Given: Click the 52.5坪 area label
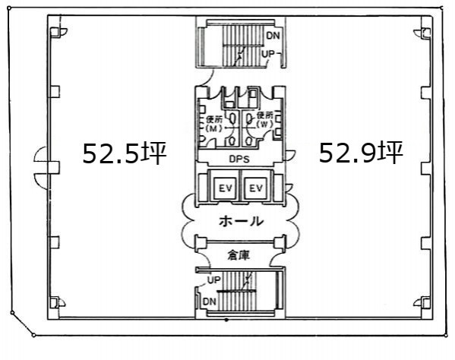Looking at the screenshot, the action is click(x=125, y=153).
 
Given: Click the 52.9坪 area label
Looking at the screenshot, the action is click(x=361, y=152).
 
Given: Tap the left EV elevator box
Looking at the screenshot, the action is click(x=226, y=188).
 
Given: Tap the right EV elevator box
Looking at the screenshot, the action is click(x=256, y=188).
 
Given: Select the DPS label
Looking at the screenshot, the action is click(x=239, y=159).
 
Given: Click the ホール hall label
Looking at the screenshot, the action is click(x=241, y=221).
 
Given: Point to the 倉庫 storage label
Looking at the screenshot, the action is click(x=239, y=255).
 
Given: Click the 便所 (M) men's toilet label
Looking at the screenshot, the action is click(x=214, y=124).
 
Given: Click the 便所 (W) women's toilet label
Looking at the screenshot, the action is click(x=264, y=120).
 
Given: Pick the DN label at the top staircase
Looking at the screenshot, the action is click(x=273, y=36).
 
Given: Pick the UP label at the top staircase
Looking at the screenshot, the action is click(x=268, y=54).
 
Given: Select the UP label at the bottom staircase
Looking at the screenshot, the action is click(x=214, y=280).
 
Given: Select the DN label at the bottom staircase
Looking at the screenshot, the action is click(x=210, y=302).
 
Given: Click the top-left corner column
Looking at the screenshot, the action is click(x=55, y=33).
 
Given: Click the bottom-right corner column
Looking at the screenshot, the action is click(x=425, y=302).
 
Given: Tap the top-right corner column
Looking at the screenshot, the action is click(x=425, y=33).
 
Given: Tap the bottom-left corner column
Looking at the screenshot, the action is click(x=55, y=302).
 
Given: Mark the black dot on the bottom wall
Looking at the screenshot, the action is click(x=226, y=320).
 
